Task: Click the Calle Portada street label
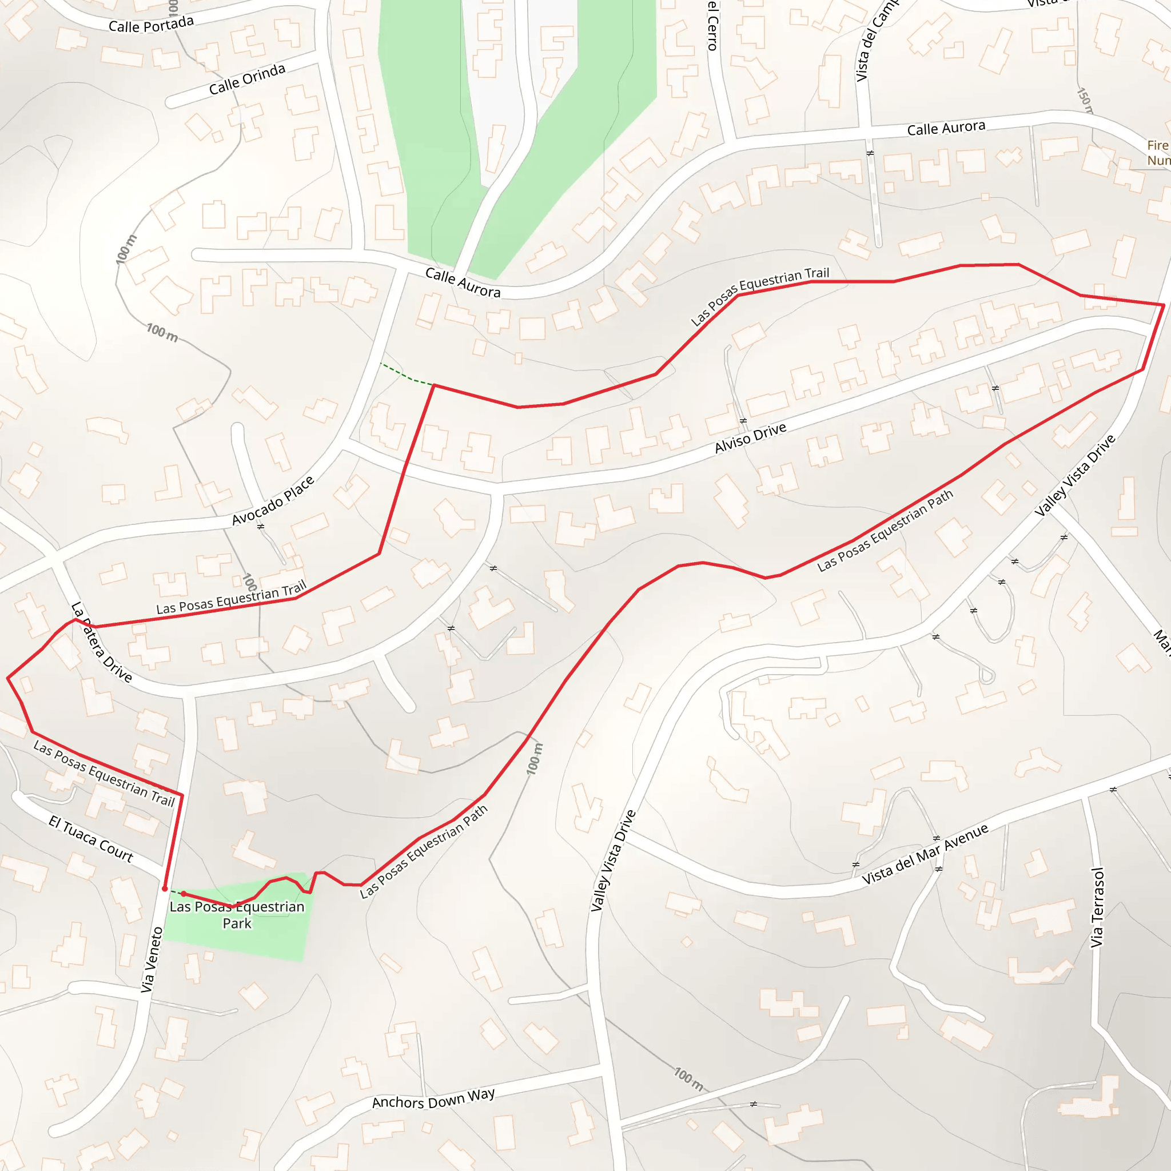pos(151,25)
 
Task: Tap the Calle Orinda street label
pos(246,79)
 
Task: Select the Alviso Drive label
pos(750,437)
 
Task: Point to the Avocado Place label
pos(273,501)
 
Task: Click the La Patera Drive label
pos(101,643)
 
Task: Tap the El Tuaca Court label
pos(90,839)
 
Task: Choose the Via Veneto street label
pos(152,960)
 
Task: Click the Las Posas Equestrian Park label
pos(237,915)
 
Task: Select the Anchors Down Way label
pos(433,1098)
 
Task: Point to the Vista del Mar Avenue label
pos(925,854)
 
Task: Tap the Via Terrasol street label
pos(1098,907)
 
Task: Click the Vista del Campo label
pos(875,42)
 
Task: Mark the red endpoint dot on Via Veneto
pos(165,889)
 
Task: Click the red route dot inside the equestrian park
pos(184,894)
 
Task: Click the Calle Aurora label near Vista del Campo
pos(946,129)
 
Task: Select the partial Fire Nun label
pos(1158,153)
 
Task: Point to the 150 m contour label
pos(1084,101)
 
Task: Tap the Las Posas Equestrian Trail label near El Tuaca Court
pos(103,774)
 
